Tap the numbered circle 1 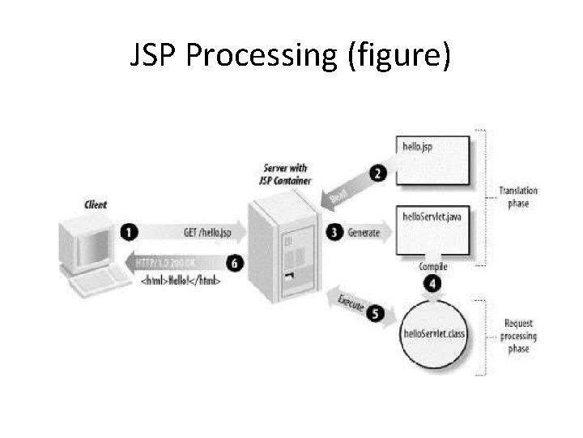pos(129,232)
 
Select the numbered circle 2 pos(378,172)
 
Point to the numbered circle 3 pos(334,232)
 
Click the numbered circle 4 pos(434,283)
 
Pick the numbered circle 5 pos(374,316)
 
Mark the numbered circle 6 pos(235,262)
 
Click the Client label pos(95,204)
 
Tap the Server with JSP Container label pos(287,174)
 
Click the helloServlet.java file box pos(435,231)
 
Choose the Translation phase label pos(518,197)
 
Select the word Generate pos(364,232)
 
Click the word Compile pos(433,267)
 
